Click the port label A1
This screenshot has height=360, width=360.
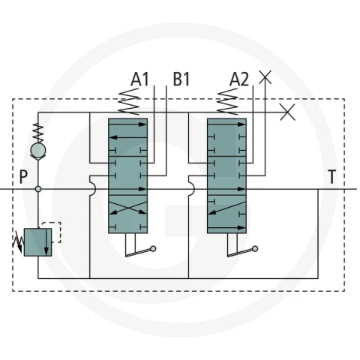[139, 79]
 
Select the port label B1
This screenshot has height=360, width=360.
[181, 79]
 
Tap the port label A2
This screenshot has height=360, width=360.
[239, 79]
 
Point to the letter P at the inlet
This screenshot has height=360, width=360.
[23, 177]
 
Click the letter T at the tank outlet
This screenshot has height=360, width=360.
[331, 177]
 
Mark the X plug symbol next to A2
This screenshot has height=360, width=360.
[265, 77]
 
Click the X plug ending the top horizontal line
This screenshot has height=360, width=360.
[287, 112]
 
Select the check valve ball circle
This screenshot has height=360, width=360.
[38, 150]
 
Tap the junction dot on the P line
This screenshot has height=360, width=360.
[38, 189]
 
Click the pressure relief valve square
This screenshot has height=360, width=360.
[38, 242]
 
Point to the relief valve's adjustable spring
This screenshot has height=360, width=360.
[18, 242]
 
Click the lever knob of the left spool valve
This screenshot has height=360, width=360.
[153, 248]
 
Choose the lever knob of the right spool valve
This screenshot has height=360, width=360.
[255, 248]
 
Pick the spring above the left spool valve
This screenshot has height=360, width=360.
[129, 102]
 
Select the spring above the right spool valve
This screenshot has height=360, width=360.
[227, 102]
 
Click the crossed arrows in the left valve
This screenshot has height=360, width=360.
[128, 208]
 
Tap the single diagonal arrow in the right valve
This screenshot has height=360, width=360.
[226, 208]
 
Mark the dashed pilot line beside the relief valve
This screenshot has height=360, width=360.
[60, 232]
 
